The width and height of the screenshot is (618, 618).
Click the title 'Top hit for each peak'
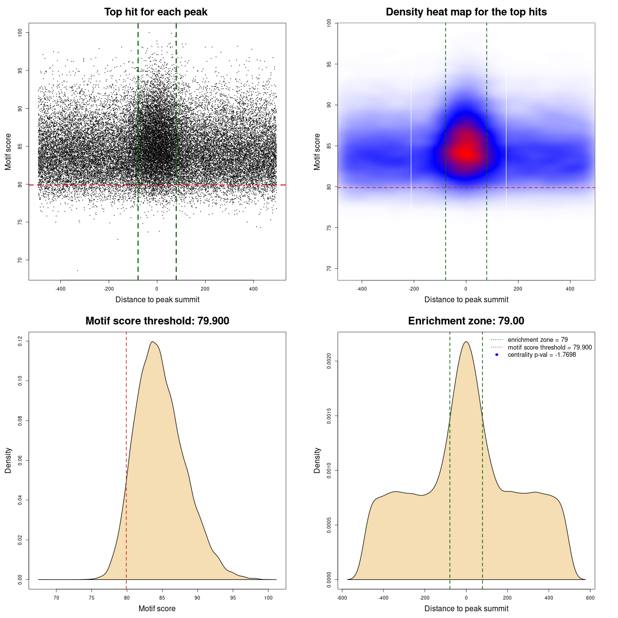[x=155, y=12]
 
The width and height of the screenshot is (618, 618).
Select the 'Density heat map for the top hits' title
[x=466, y=12]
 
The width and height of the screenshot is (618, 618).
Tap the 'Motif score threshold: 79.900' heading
[x=157, y=321]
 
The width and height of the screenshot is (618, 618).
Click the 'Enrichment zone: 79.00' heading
[x=466, y=321]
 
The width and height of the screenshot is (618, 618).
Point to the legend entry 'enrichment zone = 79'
[x=537, y=340]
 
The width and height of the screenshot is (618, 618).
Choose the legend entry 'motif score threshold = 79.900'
[x=549, y=347]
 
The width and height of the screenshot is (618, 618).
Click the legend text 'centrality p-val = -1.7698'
[x=542, y=355]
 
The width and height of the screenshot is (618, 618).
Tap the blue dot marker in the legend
[x=497, y=355]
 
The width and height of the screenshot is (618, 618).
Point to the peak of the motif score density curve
[x=153, y=342]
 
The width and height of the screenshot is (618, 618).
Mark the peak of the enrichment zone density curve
[x=466, y=342]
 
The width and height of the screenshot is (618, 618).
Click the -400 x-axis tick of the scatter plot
[x=60, y=289]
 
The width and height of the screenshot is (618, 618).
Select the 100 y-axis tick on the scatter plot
[x=20, y=32]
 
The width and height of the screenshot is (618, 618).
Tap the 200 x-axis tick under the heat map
[x=518, y=289]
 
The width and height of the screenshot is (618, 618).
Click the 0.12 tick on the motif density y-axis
[x=20, y=341]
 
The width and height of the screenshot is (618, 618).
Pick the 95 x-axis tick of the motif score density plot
[x=233, y=598]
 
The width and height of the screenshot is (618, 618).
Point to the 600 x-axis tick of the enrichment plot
[x=590, y=598]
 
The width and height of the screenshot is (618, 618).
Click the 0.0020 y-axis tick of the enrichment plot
[x=329, y=361]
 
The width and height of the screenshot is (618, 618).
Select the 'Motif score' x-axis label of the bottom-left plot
[x=157, y=609]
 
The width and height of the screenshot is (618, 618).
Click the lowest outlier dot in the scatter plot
[x=77, y=270]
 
